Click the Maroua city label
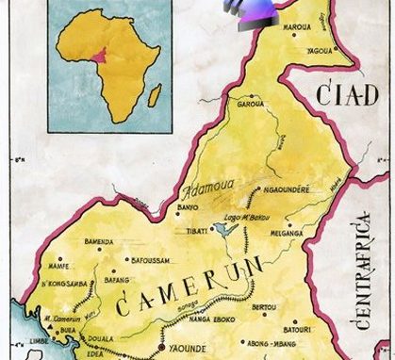(302, 14)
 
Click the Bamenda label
(100, 242)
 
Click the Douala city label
(100, 336)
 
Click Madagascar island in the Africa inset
(155, 95)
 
